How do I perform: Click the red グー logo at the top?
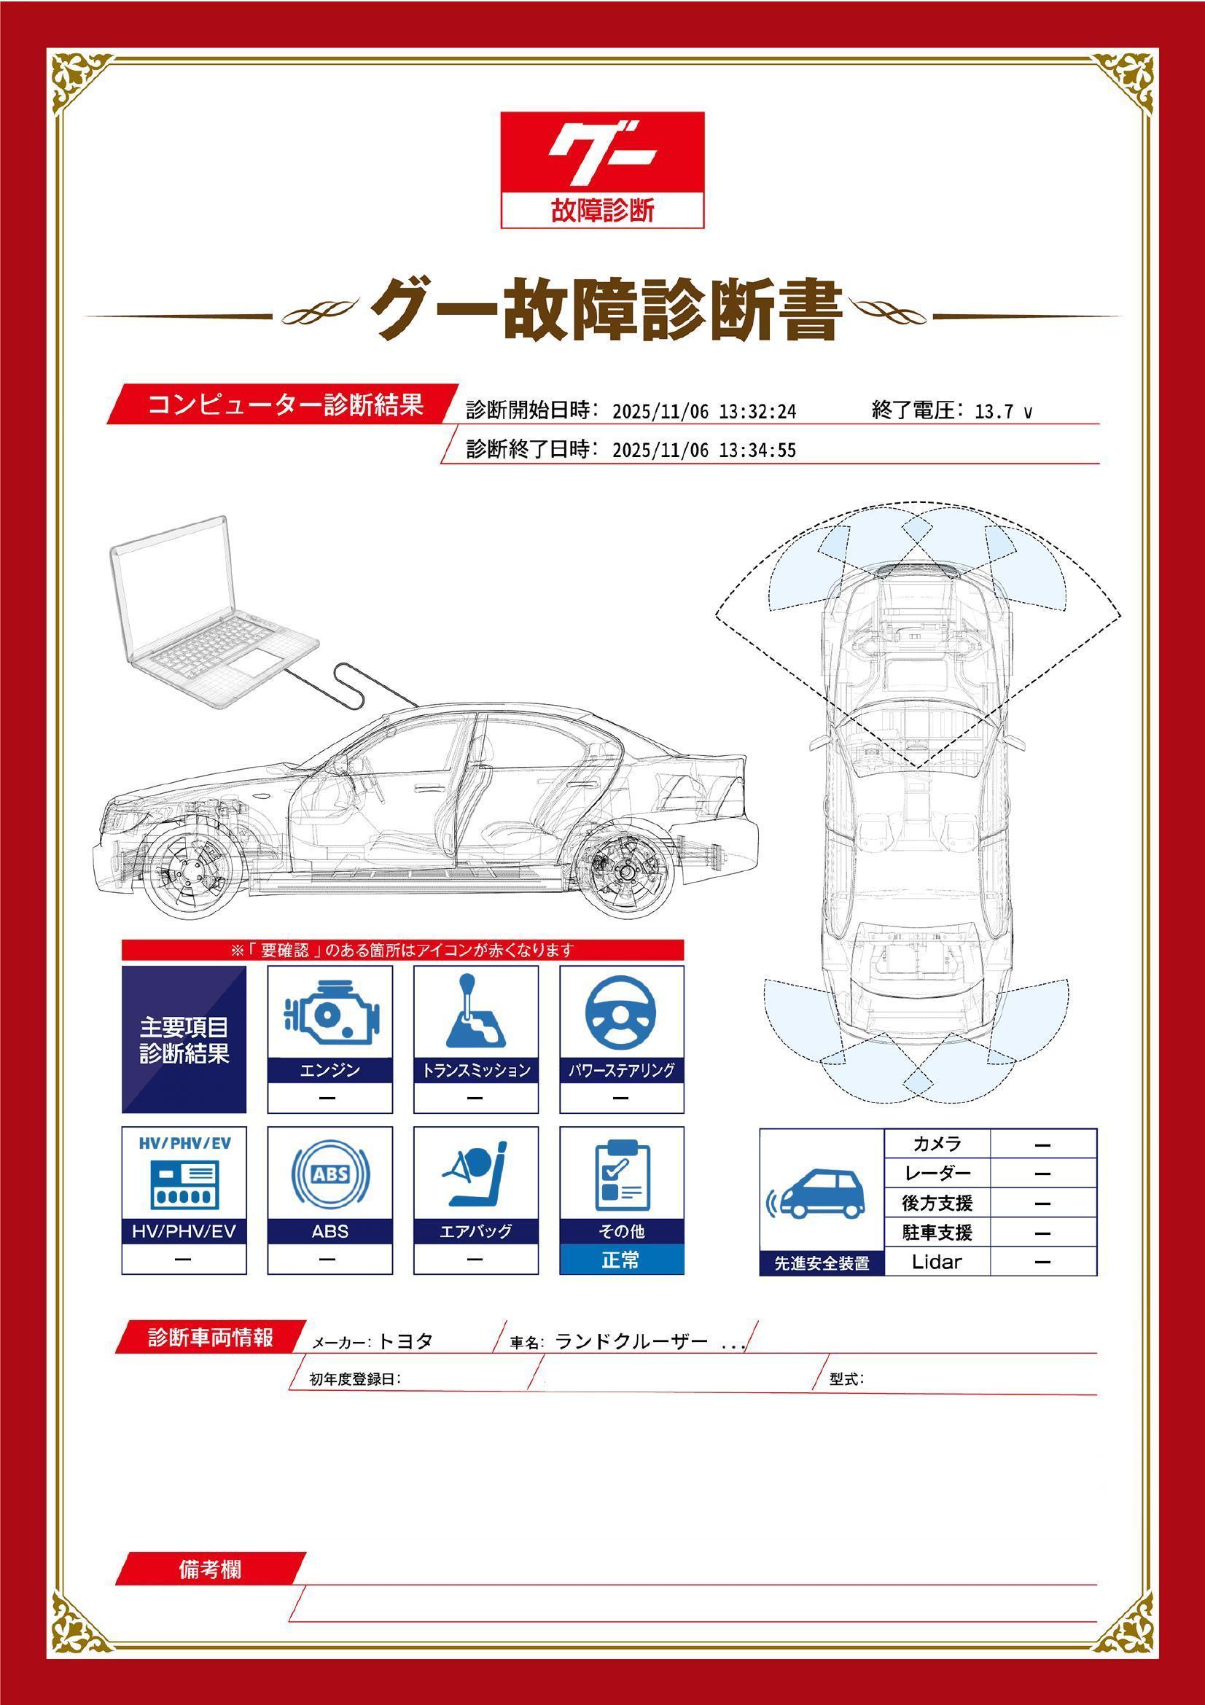pyautogui.click(x=602, y=170)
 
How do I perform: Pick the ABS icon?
pyautogui.click(x=329, y=1174)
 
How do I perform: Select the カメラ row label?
pyautogui.click(x=936, y=1144)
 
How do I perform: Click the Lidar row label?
pyautogui.click(x=936, y=1262)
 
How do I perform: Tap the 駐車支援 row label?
pyautogui.click(x=937, y=1233)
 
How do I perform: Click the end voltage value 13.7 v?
pyautogui.click(x=1003, y=411)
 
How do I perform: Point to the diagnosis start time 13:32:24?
pyautogui.click(x=757, y=411)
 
